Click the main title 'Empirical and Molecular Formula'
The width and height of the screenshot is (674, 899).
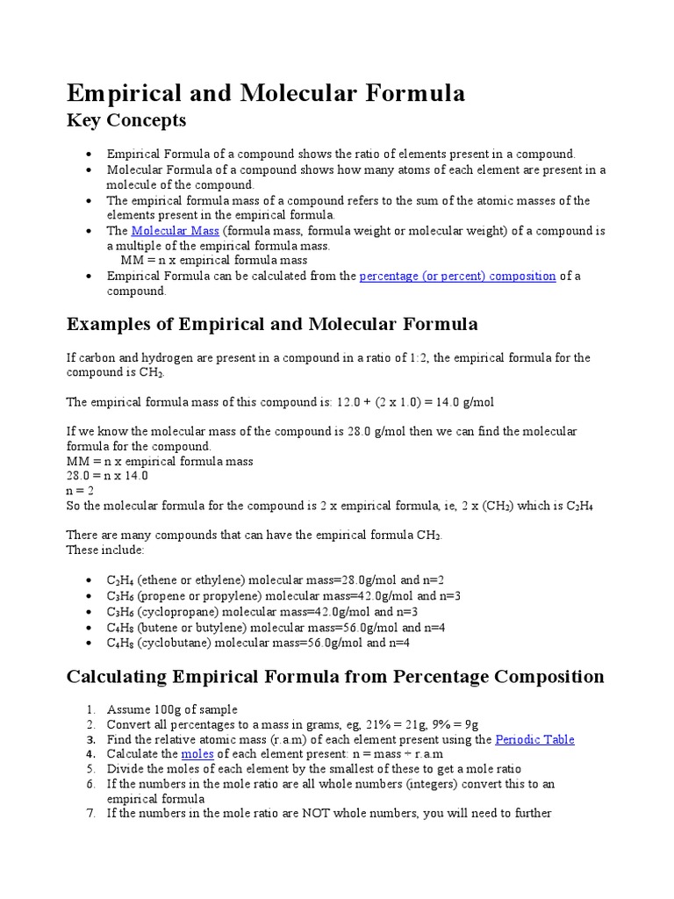(266, 93)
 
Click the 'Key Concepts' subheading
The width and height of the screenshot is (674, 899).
(126, 120)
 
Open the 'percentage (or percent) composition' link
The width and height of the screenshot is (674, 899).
(457, 276)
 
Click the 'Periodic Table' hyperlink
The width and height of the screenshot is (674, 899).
(534, 739)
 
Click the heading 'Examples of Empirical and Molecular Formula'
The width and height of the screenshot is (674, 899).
(272, 324)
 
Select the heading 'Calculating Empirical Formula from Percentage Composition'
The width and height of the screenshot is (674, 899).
(335, 677)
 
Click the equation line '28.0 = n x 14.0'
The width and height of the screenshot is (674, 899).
(107, 476)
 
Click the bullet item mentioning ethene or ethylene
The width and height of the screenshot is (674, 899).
(276, 581)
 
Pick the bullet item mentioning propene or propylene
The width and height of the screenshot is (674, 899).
(283, 596)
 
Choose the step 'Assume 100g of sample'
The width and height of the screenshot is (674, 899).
(172, 709)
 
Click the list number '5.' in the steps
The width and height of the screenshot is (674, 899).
(91, 769)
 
